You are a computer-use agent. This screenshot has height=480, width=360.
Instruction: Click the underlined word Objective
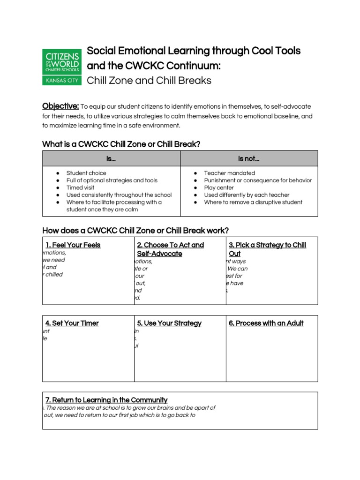[x=60, y=106]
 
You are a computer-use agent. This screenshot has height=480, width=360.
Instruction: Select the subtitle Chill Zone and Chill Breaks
[x=149, y=81]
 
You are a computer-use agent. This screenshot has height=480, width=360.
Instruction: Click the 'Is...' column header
[x=111, y=159]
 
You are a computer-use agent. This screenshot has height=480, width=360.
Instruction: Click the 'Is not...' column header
[x=249, y=159]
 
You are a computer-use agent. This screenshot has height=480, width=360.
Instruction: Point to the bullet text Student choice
[x=86, y=173]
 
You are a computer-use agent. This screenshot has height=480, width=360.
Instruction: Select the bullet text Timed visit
[x=80, y=187]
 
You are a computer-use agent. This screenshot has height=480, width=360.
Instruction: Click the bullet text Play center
[x=219, y=187]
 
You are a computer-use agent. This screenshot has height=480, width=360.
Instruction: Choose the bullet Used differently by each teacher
[x=247, y=195]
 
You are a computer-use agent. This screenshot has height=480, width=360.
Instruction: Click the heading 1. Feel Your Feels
[x=73, y=245]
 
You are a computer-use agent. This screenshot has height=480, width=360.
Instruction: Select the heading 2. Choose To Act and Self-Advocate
[x=170, y=249]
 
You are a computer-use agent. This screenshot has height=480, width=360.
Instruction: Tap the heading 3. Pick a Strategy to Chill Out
[x=267, y=249]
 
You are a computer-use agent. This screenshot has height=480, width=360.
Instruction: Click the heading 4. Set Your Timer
[x=72, y=323]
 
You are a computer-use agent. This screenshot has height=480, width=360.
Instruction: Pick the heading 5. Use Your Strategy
[x=169, y=323]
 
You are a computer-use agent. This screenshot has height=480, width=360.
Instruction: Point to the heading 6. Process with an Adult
[x=266, y=323]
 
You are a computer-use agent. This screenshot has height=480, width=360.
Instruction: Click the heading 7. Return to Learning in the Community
[x=106, y=400]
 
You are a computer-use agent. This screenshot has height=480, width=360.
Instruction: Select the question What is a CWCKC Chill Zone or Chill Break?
[x=121, y=144]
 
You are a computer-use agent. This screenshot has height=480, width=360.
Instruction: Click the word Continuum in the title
[x=193, y=66]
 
